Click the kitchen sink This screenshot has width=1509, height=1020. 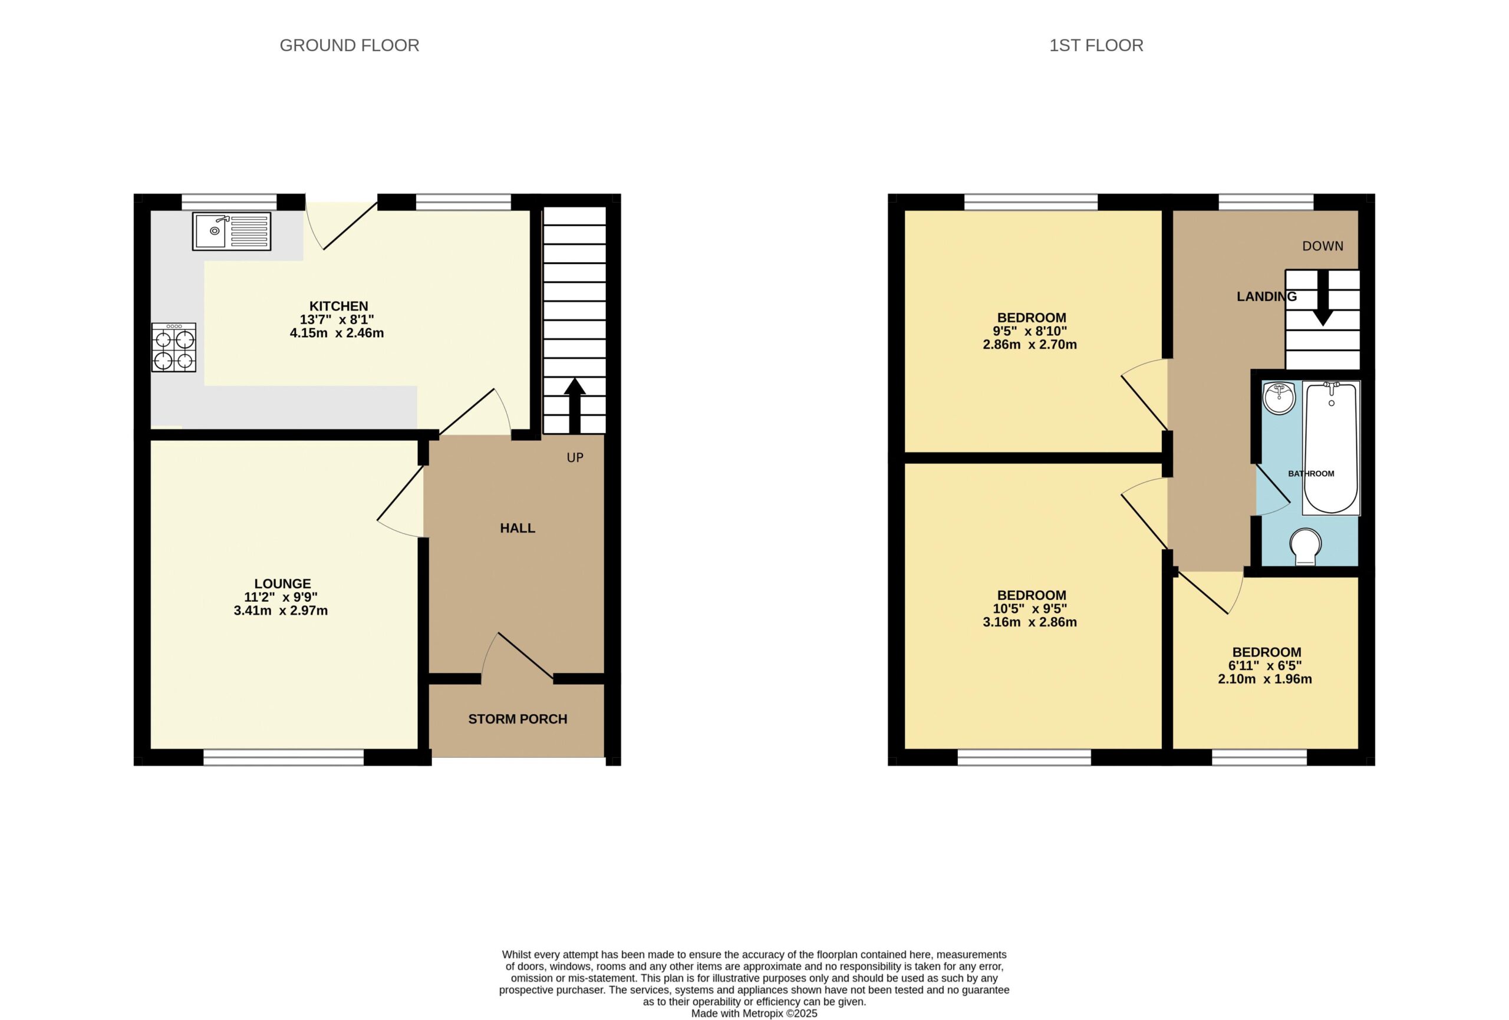pyautogui.click(x=231, y=231)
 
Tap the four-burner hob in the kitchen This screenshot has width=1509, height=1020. pyautogui.click(x=173, y=347)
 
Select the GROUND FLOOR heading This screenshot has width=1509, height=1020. pyautogui.click(x=350, y=45)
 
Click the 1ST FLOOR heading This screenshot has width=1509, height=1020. pyautogui.click(x=1096, y=45)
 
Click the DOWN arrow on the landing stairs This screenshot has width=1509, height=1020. pyautogui.click(x=1323, y=298)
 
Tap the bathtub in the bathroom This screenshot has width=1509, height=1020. pyautogui.click(x=1331, y=448)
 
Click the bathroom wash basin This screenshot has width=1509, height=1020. pyautogui.click(x=1279, y=398)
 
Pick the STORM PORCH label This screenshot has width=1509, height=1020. pyautogui.click(x=518, y=719)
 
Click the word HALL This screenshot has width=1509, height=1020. pyautogui.click(x=518, y=528)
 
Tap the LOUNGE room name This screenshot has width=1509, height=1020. pyautogui.click(x=282, y=584)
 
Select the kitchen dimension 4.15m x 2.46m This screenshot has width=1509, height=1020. pyautogui.click(x=337, y=333)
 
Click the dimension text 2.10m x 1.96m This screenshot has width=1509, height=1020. pyautogui.click(x=1265, y=679)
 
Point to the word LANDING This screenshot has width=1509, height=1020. pyautogui.click(x=1266, y=297)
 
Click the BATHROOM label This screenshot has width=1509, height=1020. pyautogui.click(x=1311, y=473)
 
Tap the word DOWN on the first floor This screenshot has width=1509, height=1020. pyautogui.click(x=1323, y=246)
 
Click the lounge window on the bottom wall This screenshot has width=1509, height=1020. pyautogui.click(x=284, y=757)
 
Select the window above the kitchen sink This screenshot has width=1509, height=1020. pyautogui.click(x=229, y=202)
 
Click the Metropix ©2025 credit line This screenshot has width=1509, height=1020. pyautogui.click(x=754, y=1013)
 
